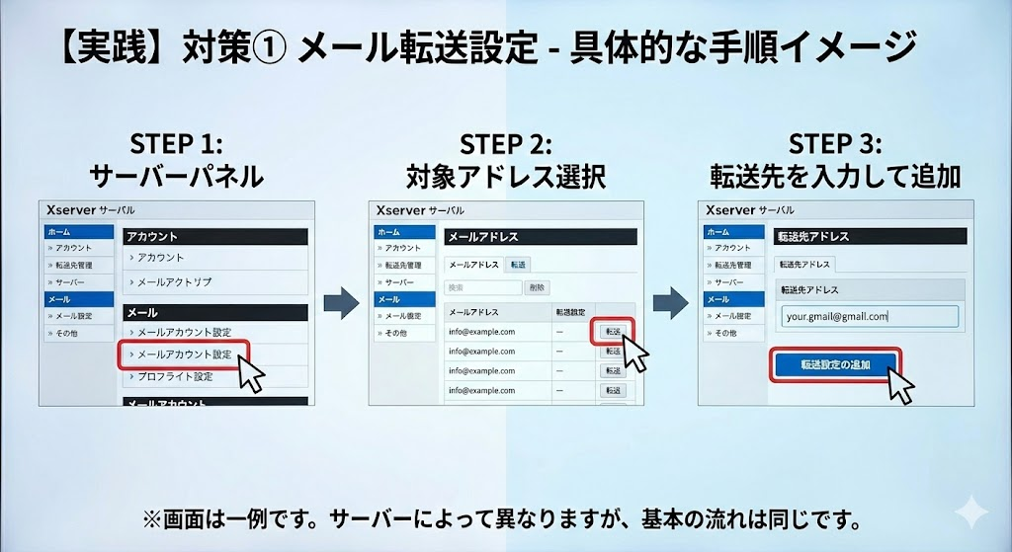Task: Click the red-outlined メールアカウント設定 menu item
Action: pos(183,355)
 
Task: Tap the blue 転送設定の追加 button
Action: pos(835,364)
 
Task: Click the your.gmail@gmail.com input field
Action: pos(867,316)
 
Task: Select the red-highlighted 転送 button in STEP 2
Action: pos(612,332)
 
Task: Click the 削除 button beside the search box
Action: pos(537,287)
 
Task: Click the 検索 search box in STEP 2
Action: pos(482,287)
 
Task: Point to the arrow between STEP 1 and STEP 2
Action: pos(341,303)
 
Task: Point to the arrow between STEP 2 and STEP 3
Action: pos(671,303)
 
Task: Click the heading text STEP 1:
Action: pos(177,144)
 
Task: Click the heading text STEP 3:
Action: pos(835,144)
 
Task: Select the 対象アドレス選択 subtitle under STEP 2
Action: pos(506,178)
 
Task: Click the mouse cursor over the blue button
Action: pos(898,384)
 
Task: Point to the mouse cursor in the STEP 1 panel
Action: pos(250,374)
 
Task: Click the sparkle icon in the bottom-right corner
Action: pos(970,514)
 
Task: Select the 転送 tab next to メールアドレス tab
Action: pos(518,264)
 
